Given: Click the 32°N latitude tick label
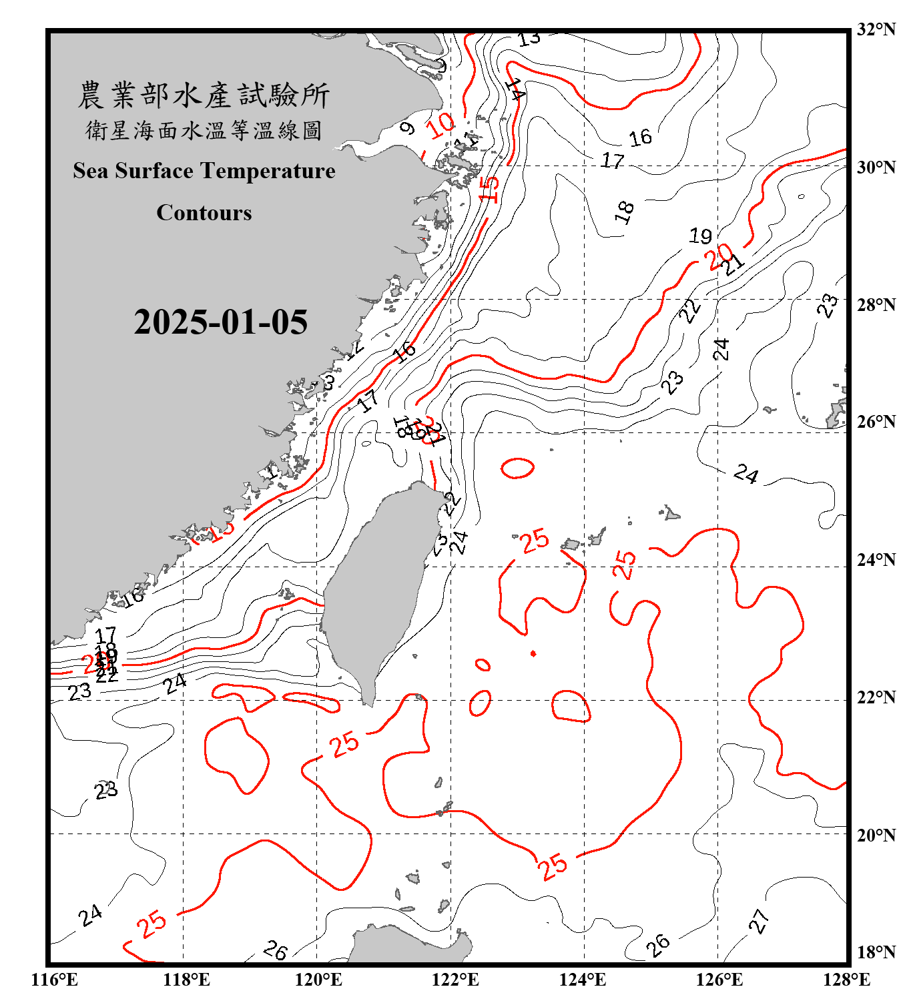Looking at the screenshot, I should pyautogui.click(x=876, y=29).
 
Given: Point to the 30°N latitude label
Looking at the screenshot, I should pyautogui.click(x=876, y=168).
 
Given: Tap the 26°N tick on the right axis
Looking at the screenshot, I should pyautogui.click(x=876, y=422).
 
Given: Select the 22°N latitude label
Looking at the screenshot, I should pyautogui.click(x=876, y=697).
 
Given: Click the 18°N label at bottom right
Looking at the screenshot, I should pyautogui.click(x=876, y=952).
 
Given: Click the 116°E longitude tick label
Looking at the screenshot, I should pyautogui.click(x=55, y=980).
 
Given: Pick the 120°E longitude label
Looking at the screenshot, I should pyautogui.click(x=318, y=980).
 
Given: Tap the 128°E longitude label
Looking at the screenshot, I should pyautogui.click(x=846, y=980).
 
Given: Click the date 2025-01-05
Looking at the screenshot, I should pyautogui.click(x=220, y=322).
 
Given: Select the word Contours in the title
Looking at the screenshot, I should pyautogui.click(x=204, y=213).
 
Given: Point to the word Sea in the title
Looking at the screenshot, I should pyautogui.click(x=91, y=171).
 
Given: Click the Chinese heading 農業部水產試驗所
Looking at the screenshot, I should pyautogui.click(x=204, y=95).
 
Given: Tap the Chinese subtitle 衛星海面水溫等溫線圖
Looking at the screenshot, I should pyautogui.click(x=204, y=130).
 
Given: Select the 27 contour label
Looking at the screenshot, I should pyautogui.click(x=759, y=921).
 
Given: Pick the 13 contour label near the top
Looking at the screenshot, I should pyautogui.click(x=529, y=39).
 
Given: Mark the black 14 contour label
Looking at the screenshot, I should pyautogui.click(x=515, y=89).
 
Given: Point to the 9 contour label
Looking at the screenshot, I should pyautogui.click(x=407, y=128).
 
